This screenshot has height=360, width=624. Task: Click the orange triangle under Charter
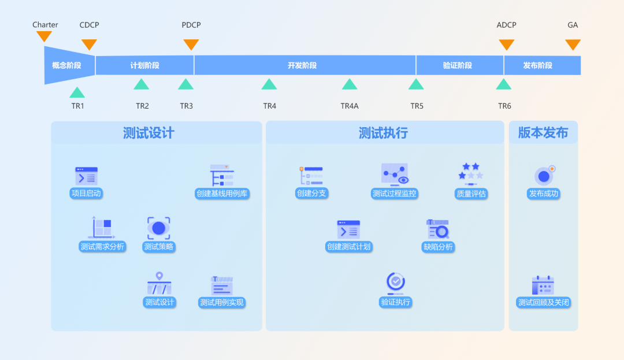click(x=44, y=36)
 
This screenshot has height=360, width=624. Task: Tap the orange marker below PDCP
click(x=191, y=44)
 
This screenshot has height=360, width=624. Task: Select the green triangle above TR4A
click(x=350, y=84)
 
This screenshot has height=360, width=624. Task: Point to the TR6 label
click(x=504, y=106)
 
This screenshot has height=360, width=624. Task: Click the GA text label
click(x=573, y=25)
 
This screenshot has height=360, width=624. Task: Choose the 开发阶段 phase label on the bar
click(x=302, y=65)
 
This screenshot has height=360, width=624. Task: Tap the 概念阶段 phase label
click(x=66, y=65)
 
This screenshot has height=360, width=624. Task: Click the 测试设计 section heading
click(x=148, y=133)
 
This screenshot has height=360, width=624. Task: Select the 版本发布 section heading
click(x=543, y=132)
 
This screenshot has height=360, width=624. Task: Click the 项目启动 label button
click(x=86, y=194)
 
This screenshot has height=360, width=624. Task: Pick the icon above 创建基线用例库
click(x=222, y=175)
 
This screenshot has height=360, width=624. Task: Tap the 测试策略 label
click(x=158, y=247)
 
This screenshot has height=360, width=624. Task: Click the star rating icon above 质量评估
click(x=471, y=172)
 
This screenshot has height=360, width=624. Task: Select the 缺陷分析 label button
click(x=438, y=247)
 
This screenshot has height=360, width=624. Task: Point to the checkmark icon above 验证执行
click(x=396, y=282)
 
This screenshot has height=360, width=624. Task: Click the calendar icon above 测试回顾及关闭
click(x=543, y=285)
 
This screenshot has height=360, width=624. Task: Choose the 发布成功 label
click(x=544, y=194)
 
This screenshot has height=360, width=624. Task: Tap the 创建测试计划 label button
click(x=348, y=247)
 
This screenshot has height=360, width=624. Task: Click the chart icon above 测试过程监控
click(x=395, y=173)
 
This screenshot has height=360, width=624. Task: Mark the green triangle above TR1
click(x=77, y=92)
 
